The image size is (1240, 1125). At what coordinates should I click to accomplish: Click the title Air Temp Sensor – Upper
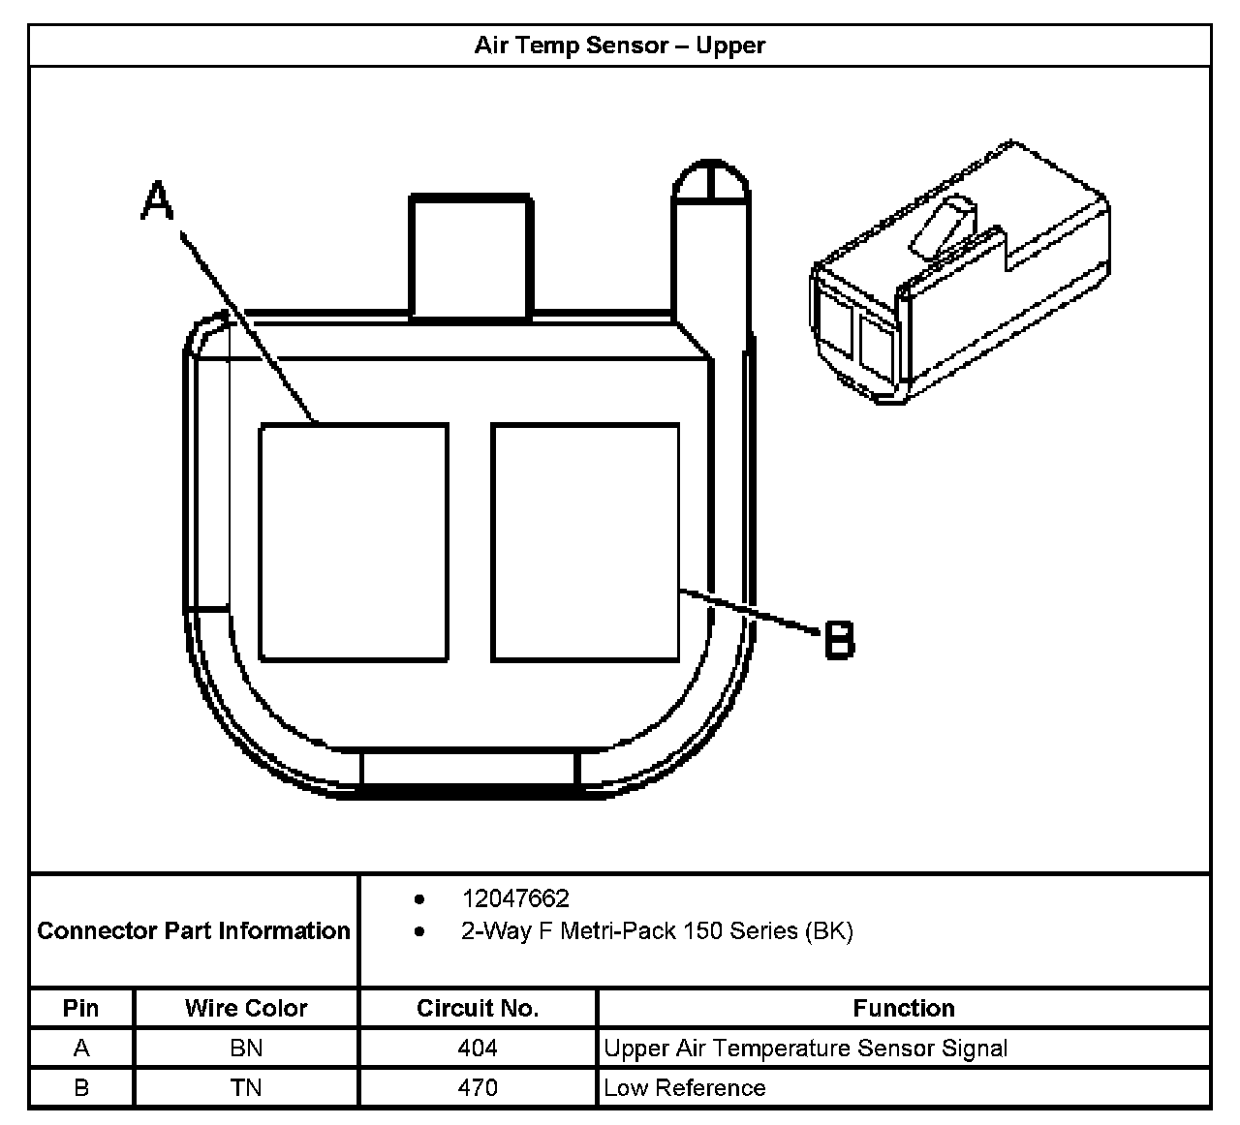coord(619,46)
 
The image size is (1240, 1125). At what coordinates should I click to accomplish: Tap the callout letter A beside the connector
coord(157,203)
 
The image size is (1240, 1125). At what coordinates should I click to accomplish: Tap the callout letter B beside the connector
coord(839,640)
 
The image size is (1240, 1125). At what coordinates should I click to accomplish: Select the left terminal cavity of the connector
coord(354,542)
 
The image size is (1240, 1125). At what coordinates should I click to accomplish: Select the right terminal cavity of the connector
coord(585,542)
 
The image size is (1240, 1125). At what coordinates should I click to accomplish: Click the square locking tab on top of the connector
coord(471,257)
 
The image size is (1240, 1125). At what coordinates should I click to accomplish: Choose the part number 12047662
coord(515,899)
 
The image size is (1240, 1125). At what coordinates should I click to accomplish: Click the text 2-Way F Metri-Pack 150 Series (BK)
coord(657,931)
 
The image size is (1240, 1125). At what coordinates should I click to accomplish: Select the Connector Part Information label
coord(194,931)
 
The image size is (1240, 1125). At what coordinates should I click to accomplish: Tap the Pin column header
coord(81,1008)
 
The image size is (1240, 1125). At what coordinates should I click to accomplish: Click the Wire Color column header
coord(246,1008)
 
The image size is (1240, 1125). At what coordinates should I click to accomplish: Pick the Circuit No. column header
coord(478,1008)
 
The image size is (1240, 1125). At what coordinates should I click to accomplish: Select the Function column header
coord(904,1008)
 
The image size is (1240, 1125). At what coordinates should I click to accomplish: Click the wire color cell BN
coord(246,1049)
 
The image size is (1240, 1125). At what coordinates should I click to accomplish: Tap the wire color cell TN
coord(246,1088)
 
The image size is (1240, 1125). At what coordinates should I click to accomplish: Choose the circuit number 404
coord(478,1049)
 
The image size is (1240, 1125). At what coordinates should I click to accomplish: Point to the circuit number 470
coord(478,1088)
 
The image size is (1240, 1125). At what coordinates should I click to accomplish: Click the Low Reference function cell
coord(685,1088)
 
